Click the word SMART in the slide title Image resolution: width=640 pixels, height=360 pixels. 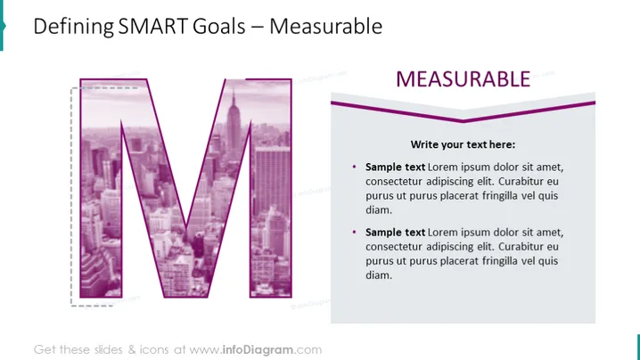(x=152, y=27)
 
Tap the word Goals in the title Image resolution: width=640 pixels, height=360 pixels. (x=218, y=27)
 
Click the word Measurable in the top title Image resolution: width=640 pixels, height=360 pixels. (x=325, y=27)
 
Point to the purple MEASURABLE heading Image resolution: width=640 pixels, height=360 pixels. (x=464, y=79)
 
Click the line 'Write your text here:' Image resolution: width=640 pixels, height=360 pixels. (x=463, y=144)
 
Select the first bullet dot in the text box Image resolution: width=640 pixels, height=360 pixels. (x=354, y=167)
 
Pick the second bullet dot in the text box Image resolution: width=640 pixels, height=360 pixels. (x=354, y=233)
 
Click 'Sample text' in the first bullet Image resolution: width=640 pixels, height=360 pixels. (x=395, y=167)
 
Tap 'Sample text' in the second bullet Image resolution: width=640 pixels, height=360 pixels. (x=395, y=233)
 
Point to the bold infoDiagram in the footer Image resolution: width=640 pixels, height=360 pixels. (x=258, y=350)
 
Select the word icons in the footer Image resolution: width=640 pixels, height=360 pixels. (x=154, y=350)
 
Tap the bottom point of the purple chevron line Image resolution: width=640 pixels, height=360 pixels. (x=464, y=121)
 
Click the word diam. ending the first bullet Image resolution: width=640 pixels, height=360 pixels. (x=379, y=210)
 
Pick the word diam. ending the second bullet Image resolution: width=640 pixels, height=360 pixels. (x=379, y=275)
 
